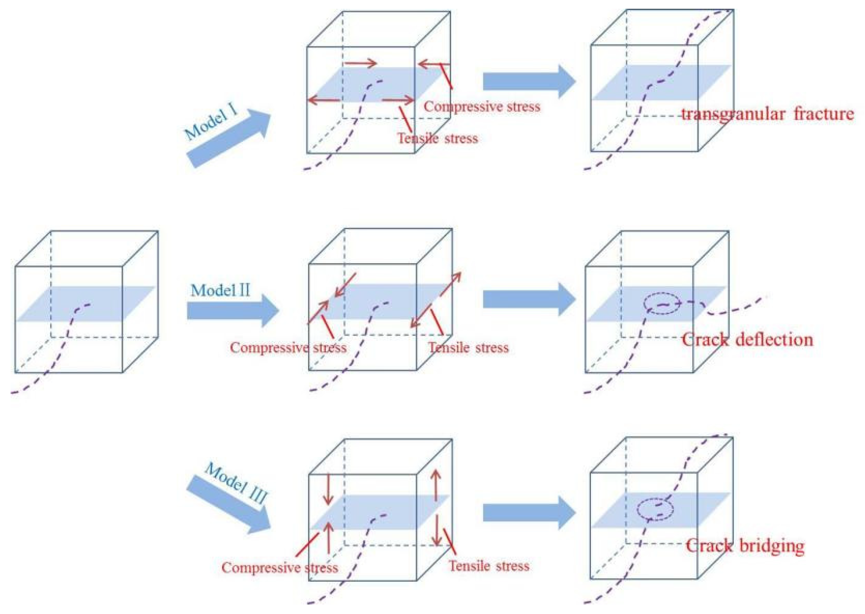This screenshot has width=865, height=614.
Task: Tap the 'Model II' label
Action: click(x=220, y=291)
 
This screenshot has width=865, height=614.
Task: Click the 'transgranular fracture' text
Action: click(x=767, y=114)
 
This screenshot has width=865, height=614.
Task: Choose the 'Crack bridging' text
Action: click(x=745, y=546)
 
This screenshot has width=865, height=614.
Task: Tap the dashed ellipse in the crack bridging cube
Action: click(x=655, y=509)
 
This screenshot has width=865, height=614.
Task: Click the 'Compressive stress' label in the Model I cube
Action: click(x=482, y=107)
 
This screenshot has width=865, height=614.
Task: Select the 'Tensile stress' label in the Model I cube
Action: click(x=437, y=138)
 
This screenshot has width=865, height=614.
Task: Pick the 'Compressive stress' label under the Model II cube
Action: click(x=288, y=348)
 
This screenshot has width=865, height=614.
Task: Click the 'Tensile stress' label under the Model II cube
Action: click(x=469, y=348)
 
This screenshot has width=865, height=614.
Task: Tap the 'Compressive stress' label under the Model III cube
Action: click(x=280, y=567)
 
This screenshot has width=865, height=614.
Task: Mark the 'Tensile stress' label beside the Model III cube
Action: click(x=489, y=566)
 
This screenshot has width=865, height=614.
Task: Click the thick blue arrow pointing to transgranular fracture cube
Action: click(x=529, y=82)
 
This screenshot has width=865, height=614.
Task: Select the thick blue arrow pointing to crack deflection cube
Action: click(x=529, y=300)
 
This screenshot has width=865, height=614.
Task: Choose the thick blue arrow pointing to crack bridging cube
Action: click(x=529, y=513)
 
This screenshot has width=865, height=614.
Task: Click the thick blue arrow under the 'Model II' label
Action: click(x=233, y=311)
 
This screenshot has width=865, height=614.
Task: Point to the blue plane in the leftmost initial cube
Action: click(x=85, y=304)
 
